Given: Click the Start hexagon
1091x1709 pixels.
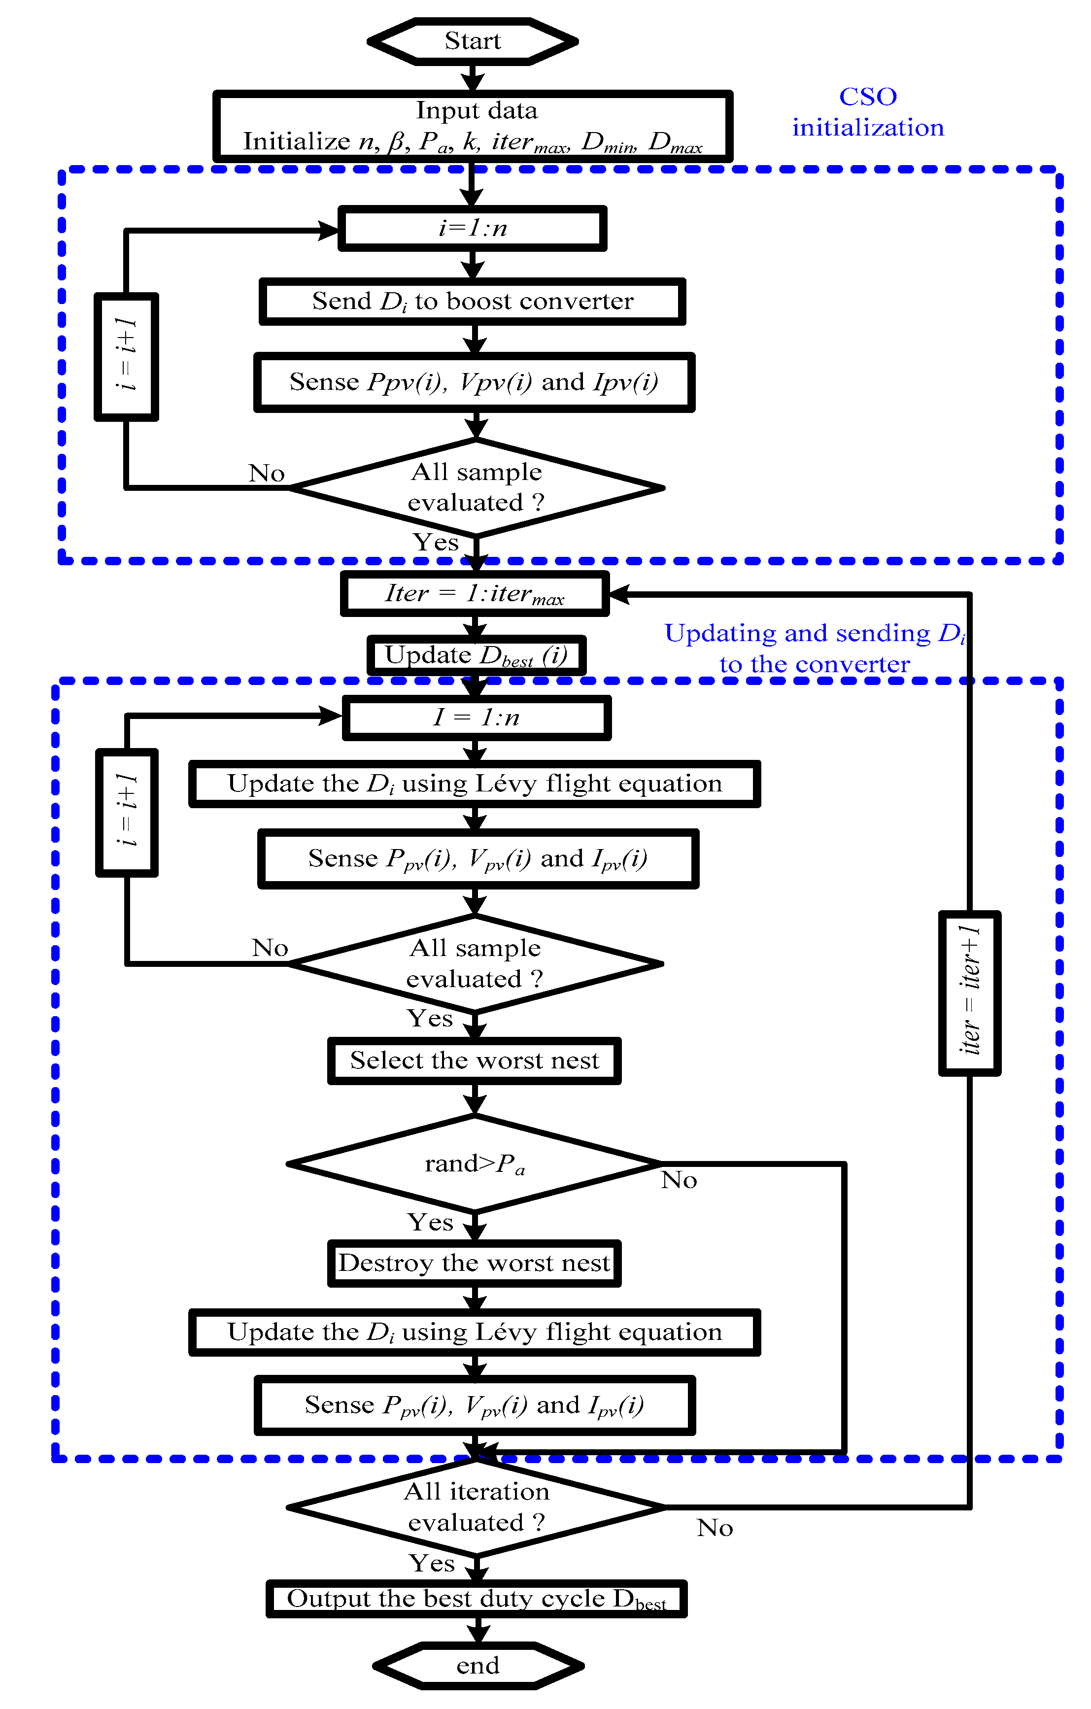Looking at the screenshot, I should pos(473,41).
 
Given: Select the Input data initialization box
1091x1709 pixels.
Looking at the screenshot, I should pos(473,126).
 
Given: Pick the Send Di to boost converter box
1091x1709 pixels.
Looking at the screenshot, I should pos(472,302).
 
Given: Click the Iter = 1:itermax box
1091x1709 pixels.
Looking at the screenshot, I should pos(474,593).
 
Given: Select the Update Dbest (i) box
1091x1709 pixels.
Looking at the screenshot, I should pos(476,655).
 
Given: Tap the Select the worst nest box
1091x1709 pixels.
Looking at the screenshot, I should pos(474,1061).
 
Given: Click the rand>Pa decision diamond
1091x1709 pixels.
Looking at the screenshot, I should pos(474,1164).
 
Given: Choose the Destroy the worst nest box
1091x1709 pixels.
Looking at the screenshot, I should pos(474,1264).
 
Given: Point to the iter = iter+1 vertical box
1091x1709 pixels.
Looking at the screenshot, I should pos(970,993).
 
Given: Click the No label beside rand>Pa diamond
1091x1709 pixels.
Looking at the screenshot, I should pos(679,1180).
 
